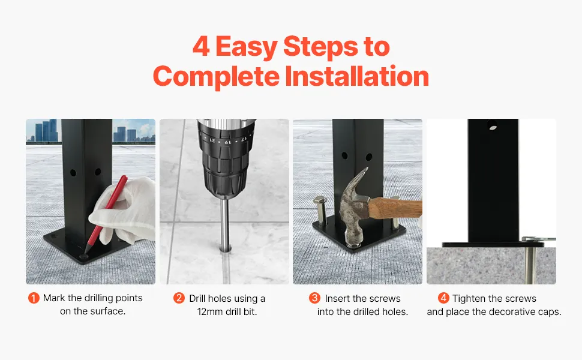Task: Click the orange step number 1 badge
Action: click(x=34, y=298)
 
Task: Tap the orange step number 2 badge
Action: click(x=179, y=298)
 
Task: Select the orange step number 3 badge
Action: click(x=314, y=298)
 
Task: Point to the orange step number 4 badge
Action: click(x=443, y=298)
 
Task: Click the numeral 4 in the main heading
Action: click(x=201, y=46)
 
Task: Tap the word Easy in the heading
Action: click(x=246, y=47)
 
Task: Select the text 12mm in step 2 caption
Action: click(x=210, y=312)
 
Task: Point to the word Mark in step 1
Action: click(x=54, y=298)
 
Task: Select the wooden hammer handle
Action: click(x=395, y=208)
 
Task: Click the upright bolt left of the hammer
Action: click(x=320, y=210)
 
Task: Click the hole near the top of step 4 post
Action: click(x=492, y=125)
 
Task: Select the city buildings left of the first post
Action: click(x=46, y=130)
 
